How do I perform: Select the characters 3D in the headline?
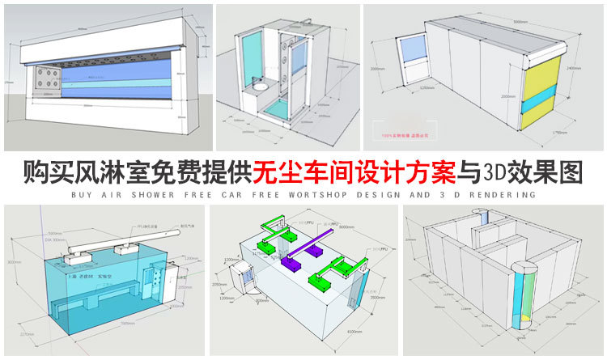coord(494,172)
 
